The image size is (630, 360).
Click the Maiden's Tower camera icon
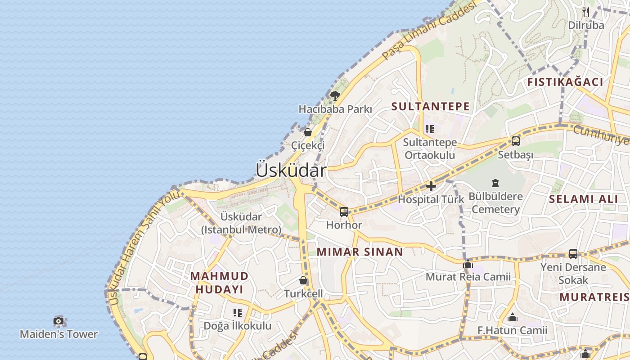58,321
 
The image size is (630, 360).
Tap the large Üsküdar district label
291,171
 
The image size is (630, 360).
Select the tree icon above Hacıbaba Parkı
335,95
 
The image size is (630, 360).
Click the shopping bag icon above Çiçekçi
308,132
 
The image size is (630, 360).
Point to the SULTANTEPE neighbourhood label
431,107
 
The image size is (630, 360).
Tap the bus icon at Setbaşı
516,141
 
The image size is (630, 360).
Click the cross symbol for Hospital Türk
431,186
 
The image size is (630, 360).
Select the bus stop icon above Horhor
344,211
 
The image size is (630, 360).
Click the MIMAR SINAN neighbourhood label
360,252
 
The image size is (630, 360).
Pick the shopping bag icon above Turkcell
304,280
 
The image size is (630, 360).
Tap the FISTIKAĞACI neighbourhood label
565,82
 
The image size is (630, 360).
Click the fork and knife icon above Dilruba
585,12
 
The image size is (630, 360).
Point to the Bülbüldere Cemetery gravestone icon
495,183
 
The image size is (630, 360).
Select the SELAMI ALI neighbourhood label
584,199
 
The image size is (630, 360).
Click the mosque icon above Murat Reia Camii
468,263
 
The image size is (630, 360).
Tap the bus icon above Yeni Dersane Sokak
573,253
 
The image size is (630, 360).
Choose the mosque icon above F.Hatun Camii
513,318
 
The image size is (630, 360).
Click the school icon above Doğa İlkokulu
238,312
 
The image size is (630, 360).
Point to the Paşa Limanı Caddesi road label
428,31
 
